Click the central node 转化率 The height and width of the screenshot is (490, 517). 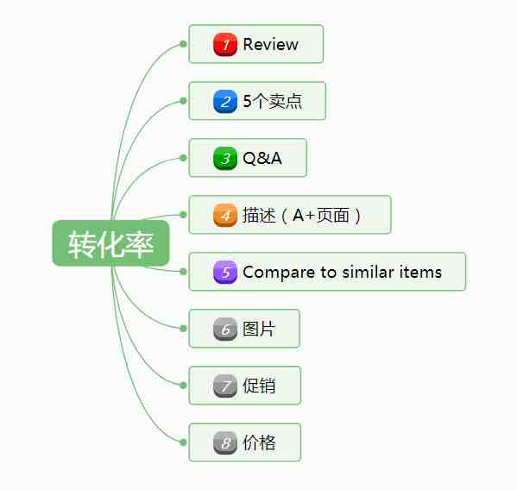click(x=110, y=243)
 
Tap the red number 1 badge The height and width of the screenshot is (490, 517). click(x=225, y=44)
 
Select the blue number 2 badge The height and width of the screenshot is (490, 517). click(x=225, y=101)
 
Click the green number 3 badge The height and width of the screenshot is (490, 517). click(x=225, y=158)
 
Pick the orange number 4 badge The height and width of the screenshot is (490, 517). click(x=225, y=215)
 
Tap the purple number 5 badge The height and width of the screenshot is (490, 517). click(x=225, y=272)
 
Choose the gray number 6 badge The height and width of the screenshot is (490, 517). click(x=225, y=329)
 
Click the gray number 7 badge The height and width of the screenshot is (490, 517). click(x=225, y=386)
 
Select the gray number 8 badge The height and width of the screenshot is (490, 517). click(x=225, y=443)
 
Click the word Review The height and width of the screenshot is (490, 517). click(x=271, y=44)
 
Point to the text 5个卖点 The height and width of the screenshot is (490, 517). click(x=273, y=101)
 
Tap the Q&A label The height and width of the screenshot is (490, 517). click(x=262, y=158)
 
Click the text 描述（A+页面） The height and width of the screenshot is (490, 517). click(x=302, y=215)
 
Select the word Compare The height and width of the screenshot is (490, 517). click(x=279, y=273)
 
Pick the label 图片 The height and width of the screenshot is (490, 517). click(x=259, y=329)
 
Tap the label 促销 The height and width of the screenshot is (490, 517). click(x=259, y=386)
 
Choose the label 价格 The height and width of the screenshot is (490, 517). click(x=259, y=443)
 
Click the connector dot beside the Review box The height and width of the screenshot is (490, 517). click(x=183, y=44)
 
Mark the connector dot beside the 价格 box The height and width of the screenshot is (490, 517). click(x=183, y=443)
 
